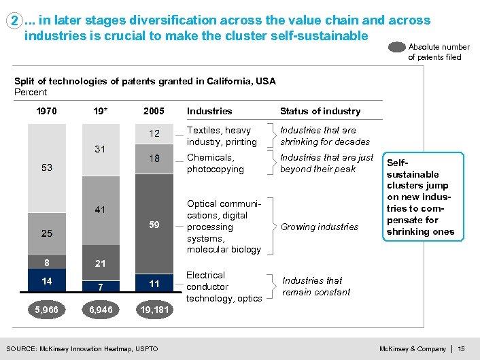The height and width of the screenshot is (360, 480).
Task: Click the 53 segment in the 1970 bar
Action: (47, 167)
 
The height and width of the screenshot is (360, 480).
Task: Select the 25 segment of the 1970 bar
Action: (47, 233)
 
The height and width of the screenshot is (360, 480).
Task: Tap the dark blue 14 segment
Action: (47, 280)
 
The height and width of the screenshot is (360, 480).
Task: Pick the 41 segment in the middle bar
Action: (101, 210)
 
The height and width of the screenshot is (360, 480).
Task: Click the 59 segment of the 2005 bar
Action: (154, 224)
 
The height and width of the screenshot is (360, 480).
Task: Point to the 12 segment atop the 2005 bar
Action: (154, 134)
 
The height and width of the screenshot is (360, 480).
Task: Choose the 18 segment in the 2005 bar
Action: (154, 159)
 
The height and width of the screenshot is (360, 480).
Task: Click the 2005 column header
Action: (154, 111)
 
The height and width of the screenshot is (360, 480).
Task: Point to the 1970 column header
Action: (47, 111)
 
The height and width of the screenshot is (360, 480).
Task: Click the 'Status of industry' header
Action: (320, 111)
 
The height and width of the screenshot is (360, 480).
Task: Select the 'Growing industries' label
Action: (320, 227)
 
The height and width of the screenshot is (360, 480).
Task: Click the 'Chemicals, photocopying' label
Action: (216, 163)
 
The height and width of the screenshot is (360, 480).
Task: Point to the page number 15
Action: (461, 349)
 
